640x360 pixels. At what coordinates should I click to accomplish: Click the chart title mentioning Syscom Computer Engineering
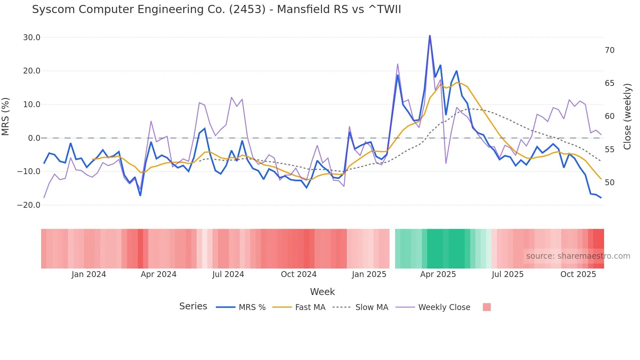click(216, 9)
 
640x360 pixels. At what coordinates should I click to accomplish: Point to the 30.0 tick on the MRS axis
click(32, 38)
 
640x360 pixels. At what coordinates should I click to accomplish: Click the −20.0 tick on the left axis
click(29, 205)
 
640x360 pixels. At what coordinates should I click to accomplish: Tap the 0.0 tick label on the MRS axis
click(34, 138)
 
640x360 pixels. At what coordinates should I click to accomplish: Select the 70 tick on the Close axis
click(609, 50)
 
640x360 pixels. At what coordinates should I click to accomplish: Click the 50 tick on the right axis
click(609, 183)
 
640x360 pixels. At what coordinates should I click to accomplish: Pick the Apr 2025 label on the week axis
click(438, 274)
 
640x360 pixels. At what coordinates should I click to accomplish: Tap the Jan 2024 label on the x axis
click(88, 274)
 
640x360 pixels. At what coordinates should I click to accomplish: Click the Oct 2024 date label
click(298, 274)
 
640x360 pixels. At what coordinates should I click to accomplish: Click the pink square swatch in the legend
click(487, 307)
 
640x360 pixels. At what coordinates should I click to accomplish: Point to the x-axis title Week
click(322, 292)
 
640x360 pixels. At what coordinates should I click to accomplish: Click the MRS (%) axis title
click(6, 117)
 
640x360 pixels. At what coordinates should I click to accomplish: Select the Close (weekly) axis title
click(627, 117)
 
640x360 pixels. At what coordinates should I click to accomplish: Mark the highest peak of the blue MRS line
click(430, 36)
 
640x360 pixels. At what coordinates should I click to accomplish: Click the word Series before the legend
click(193, 306)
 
